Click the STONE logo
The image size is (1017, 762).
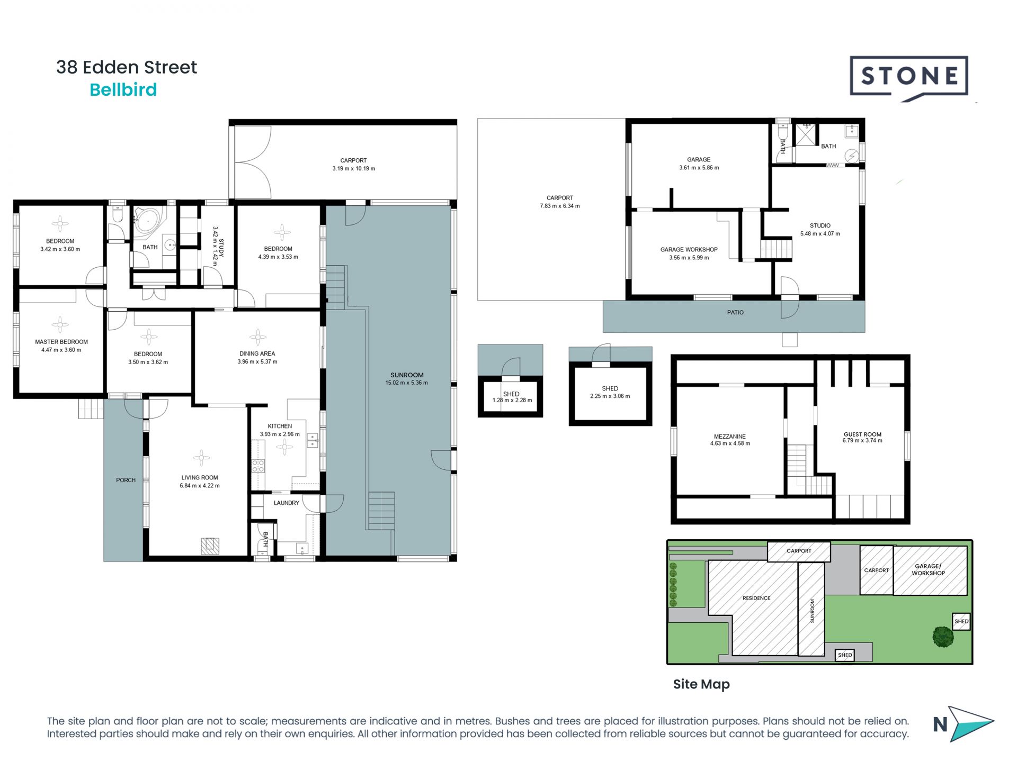909,78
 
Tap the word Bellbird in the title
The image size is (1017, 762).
123,90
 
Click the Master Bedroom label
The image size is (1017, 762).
61,342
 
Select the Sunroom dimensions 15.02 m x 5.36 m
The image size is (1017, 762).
407,383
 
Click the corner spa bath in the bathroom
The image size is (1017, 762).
149,222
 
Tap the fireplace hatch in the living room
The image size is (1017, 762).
210,546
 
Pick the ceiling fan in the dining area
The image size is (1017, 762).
258,337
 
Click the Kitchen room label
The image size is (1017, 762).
280,426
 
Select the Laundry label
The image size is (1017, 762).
287,503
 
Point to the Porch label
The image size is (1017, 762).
126,480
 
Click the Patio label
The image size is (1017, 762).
735,312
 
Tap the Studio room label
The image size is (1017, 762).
820,225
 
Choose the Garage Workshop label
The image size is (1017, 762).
689,249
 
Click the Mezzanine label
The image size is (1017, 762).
730,437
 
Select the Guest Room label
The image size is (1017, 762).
862,434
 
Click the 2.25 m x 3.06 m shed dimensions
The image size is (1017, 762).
610,396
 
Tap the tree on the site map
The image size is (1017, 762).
943,637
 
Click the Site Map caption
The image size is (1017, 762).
701,684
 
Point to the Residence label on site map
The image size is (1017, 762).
756,598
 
